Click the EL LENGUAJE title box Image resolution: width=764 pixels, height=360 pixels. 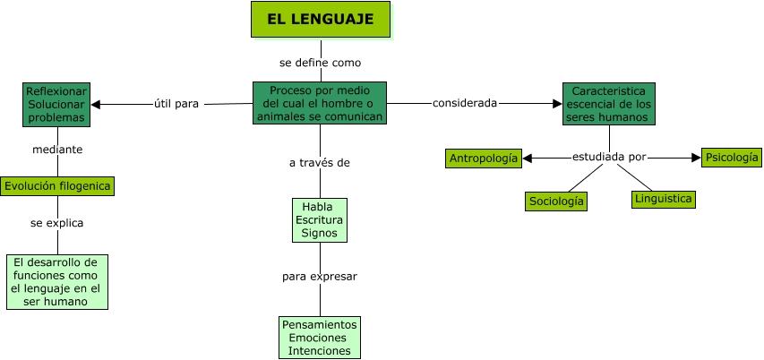[321, 19]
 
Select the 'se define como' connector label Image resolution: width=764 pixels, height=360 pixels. [320, 63]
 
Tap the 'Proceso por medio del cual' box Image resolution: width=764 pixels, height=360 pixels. [320, 104]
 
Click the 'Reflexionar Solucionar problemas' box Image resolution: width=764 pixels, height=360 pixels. [56, 104]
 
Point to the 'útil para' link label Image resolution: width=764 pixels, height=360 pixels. [176, 104]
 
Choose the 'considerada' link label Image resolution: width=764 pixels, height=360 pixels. [465, 103]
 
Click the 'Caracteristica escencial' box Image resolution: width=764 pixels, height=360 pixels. [609, 104]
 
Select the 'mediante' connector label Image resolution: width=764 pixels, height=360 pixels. [57, 150]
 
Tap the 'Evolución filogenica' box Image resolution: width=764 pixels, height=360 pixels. [58, 186]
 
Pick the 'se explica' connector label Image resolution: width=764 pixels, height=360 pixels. [57, 223]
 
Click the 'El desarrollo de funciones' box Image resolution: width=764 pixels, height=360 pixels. [57, 282]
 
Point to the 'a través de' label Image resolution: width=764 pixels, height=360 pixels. [319, 163]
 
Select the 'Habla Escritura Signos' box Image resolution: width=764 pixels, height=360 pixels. [319, 219]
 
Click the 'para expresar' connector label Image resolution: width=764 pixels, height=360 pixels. [320, 276]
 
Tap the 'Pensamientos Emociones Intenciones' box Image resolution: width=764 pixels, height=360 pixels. [320, 338]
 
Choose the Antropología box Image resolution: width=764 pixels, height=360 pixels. [484, 159]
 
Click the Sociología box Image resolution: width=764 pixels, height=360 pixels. [556, 201]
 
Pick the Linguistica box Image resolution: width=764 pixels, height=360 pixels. [663, 199]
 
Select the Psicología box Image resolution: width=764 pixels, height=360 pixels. [731, 158]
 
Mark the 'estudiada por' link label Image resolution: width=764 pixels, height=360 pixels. [609, 157]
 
